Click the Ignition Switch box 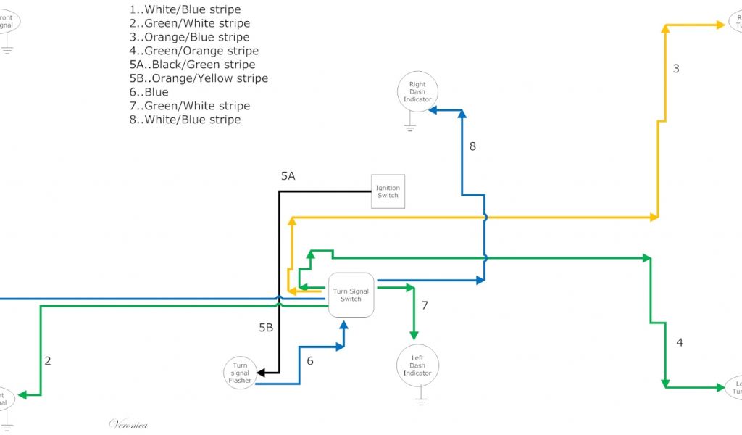click(388, 191)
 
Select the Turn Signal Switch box click(351, 295)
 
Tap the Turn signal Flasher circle click(240, 373)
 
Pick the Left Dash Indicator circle click(417, 365)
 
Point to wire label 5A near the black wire click(288, 176)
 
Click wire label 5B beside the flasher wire click(266, 328)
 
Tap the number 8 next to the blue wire click(472, 146)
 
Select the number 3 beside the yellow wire click(676, 69)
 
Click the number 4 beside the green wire click(679, 342)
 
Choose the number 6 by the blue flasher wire click(310, 360)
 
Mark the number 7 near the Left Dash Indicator click(425, 306)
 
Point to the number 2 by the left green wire click(48, 360)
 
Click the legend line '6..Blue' click(149, 92)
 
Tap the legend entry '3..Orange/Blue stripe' click(189, 37)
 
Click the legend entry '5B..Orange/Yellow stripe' click(198, 78)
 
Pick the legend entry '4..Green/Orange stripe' click(193, 51)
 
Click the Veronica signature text click(128, 424)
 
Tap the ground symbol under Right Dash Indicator click(410, 128)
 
